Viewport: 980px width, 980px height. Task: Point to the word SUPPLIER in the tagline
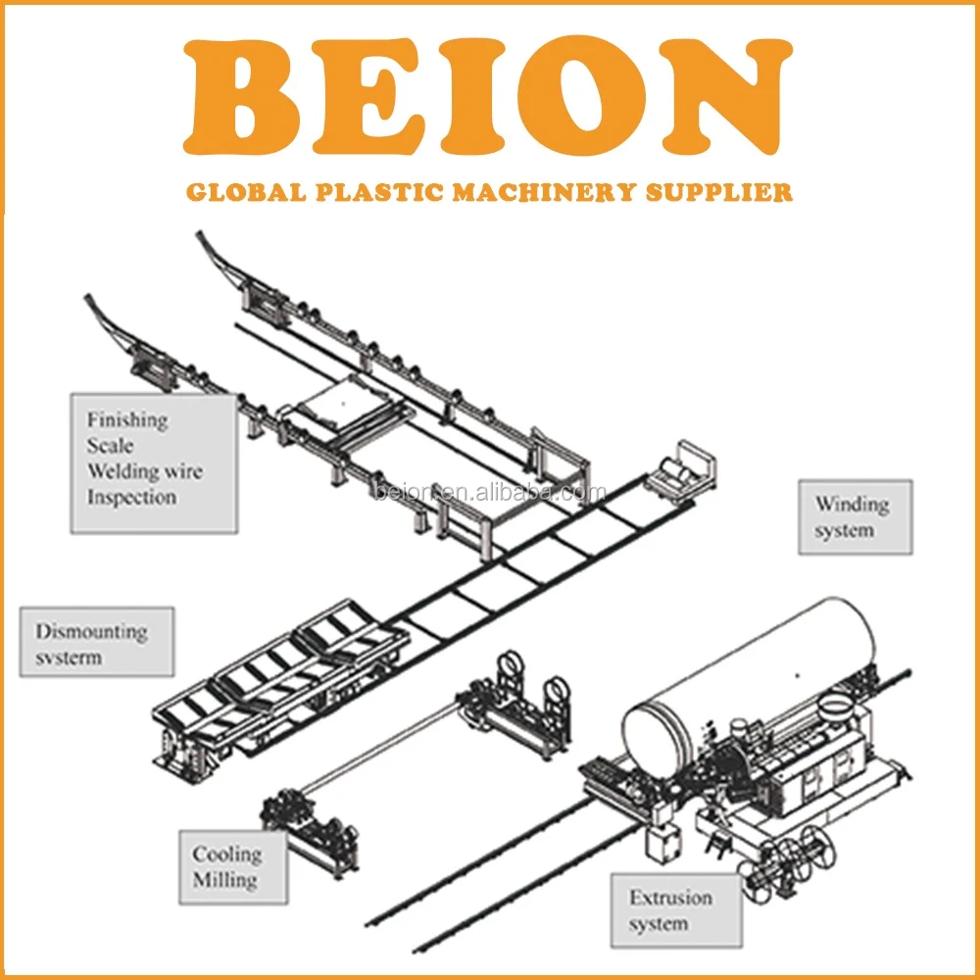720,191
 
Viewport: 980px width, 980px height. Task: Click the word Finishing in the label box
127,420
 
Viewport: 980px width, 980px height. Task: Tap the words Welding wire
144,471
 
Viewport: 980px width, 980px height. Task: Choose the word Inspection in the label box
131,497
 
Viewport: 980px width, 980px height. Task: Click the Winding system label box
854,516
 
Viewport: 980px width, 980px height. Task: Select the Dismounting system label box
96,642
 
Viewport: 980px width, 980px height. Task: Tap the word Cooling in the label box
226,855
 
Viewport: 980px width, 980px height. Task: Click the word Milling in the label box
224,879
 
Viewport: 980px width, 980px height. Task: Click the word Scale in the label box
110,446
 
